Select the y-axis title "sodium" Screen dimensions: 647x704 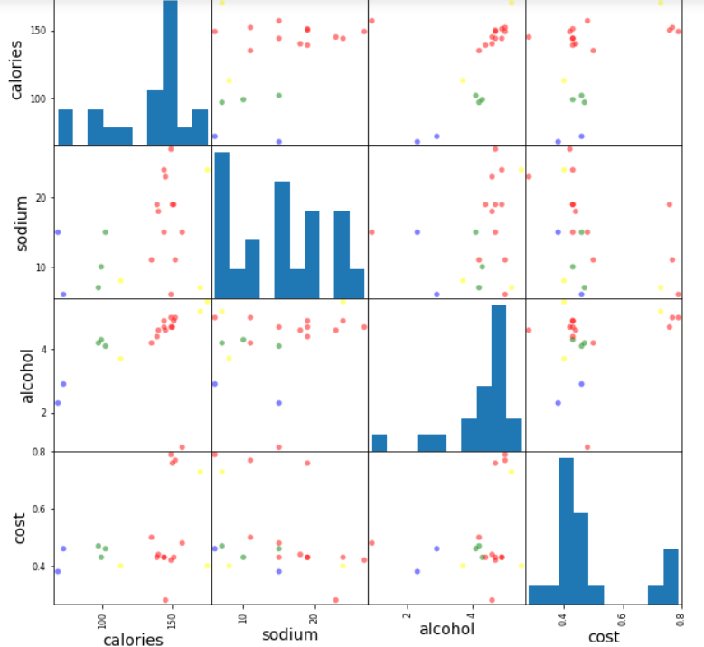(18, 220)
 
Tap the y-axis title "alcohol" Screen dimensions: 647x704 (26, 375)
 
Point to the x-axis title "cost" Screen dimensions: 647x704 (602, 636)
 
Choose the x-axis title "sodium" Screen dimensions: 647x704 (289, 634)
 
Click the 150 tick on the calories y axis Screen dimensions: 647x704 (41, 31)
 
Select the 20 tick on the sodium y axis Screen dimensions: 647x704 (41, 198)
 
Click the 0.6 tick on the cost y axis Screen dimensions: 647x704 (39, 509)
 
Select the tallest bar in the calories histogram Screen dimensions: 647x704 (170, 72)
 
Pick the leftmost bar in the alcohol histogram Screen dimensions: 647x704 (379, 443)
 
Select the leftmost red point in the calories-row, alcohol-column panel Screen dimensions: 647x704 (371, 21)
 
